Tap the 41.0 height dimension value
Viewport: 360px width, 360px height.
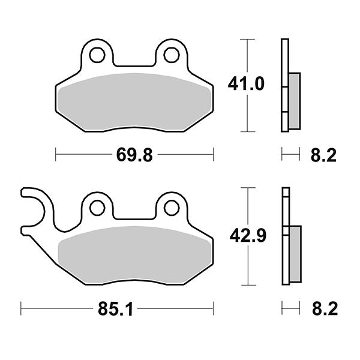pos(245,85)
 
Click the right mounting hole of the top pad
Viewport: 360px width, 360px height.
pos(171,55)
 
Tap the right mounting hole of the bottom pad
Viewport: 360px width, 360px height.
pos(171,208)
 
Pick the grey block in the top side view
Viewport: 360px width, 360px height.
pos(294,100)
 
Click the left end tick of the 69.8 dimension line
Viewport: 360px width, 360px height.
pos(56,155)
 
